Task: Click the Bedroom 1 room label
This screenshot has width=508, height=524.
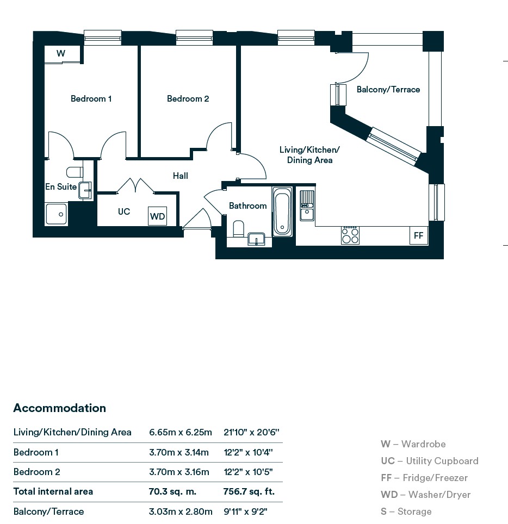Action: tap(91, 99)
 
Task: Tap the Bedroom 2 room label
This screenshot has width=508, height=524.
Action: tap(188, 99)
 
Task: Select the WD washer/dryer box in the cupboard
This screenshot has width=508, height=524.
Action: tap(157, 216)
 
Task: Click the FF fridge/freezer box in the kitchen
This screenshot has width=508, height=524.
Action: tap(418, 236)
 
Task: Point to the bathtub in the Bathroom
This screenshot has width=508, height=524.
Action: tap(282, 211)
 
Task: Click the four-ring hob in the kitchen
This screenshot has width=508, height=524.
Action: tap(350, 235)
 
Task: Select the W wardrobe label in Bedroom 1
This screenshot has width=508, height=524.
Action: tap(61, 53)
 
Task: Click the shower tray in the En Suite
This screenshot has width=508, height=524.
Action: tap(56, 214)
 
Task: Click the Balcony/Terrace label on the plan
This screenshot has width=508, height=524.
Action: tap(388, 90)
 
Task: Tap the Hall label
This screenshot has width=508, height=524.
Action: tap(181, 176)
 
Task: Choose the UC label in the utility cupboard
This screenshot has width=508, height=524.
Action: tap(124, 211)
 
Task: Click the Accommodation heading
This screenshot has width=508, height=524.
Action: tap(59, 408)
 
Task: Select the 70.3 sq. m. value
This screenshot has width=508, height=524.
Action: tap(172, 491)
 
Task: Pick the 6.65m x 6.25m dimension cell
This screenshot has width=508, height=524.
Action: tap(180, 433)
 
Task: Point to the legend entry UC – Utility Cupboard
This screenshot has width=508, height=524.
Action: tap(429, 461)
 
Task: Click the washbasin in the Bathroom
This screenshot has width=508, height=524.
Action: tap(256, 239)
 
